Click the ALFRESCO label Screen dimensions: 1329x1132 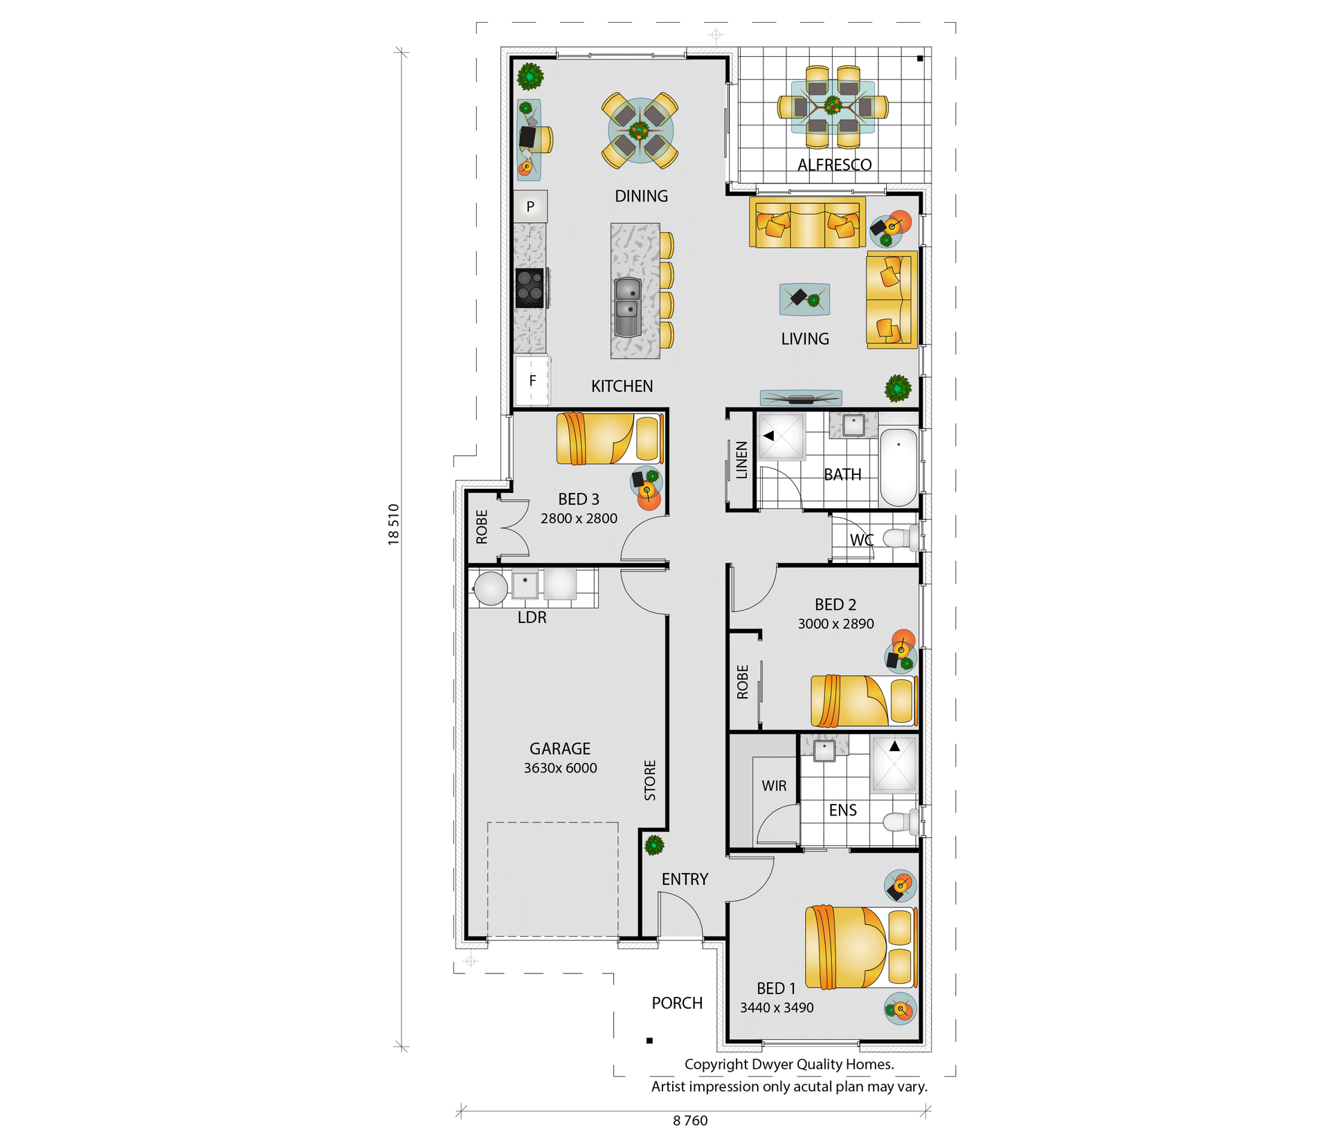point(834,165)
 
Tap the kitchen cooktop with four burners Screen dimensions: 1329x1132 point(531,287)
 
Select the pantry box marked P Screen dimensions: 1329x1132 point(530,206)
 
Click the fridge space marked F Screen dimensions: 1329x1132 point(532,380)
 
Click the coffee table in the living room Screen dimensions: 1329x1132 point(804,299)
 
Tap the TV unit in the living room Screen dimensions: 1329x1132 point(801,397)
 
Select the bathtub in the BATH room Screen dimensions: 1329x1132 point(898,467)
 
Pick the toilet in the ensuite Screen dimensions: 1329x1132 point(901,822)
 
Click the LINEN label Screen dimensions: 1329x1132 point(741,460)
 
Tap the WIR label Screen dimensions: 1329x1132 point(774,786)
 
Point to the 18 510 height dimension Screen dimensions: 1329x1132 point(393,524)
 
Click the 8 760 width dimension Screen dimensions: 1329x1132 point(690,1120)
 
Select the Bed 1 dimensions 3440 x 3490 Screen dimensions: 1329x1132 point(777,1007)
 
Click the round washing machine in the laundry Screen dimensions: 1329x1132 point(491,589)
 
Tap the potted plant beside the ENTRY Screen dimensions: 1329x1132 point(654,845)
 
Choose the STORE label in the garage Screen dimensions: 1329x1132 point(650,780)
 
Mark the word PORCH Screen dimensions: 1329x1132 point(677,1003)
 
